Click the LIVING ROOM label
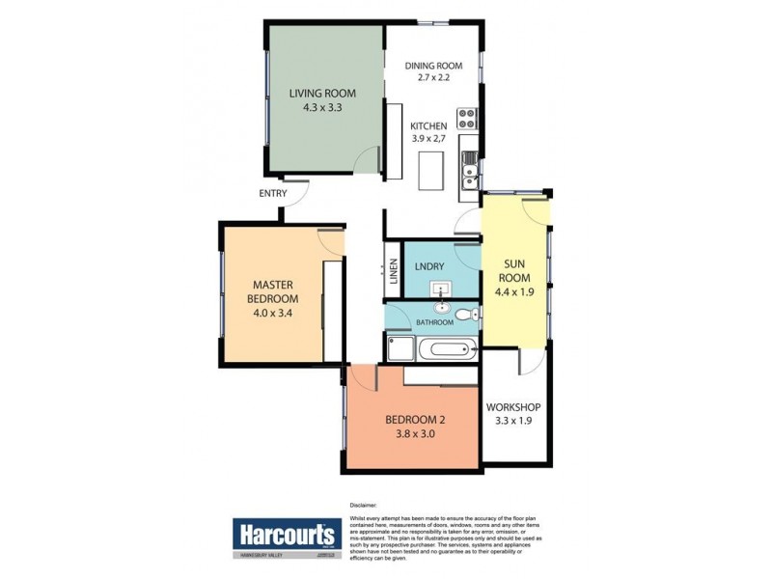tap(322, 94)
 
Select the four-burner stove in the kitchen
tap(468, 118)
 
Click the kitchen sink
tap(469, 174)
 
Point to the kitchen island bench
tap(427, 171)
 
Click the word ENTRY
tap(273, 193)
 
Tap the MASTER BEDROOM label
tap(273, 291)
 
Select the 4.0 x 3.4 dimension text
tap(273, 312)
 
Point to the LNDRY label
tap(428, 264)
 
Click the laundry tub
tap(441, 289)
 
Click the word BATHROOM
tap(433, 321)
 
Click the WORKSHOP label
tap(513, 406)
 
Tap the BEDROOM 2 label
tap(413, 420)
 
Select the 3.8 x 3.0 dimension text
tap(413, 434)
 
